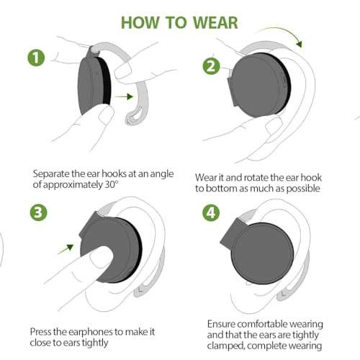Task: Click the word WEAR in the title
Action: click(x=212, y=21)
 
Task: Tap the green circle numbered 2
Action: click(x=211, y=67)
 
